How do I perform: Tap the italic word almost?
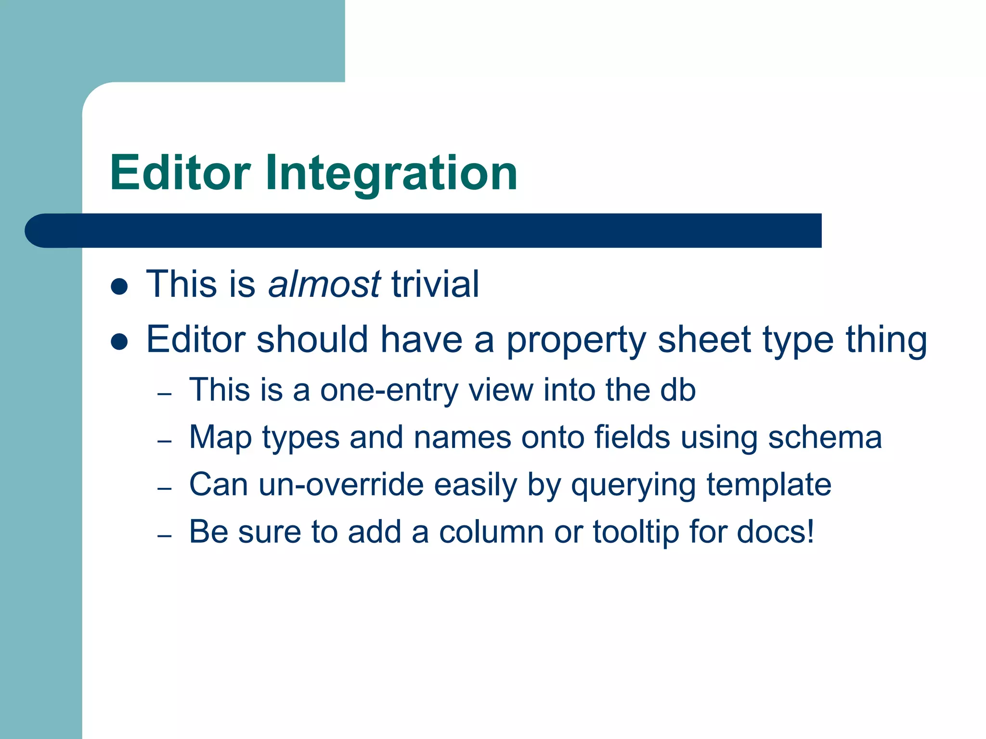[x=324, y=284]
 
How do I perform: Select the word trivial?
[x=435, y=284]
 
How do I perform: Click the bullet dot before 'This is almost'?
[x=119, y=287]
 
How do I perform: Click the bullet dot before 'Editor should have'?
[x=119, y=342]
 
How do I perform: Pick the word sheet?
[x=704, y=340]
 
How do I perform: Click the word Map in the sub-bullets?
[x=220, y=438]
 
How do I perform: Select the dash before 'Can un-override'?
[x=165, y=489]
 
